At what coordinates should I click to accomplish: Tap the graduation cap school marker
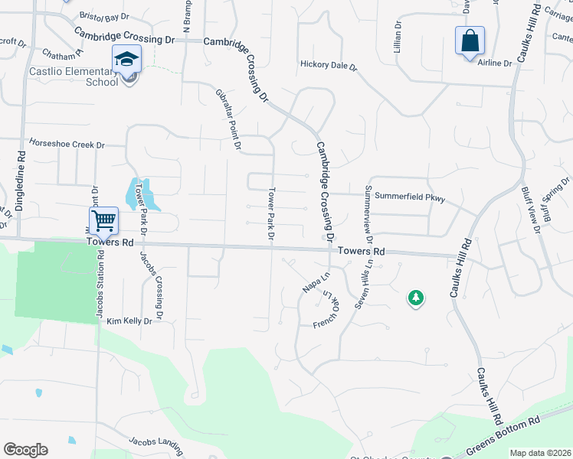pyautogui.click(x=127, y=58)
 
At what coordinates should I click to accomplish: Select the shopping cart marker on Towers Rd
pyautogui.click(x=103, y=221)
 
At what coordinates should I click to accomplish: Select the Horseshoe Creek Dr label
pyautogui.click(x=66, y=144)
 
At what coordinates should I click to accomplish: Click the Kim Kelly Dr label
pyautogui.click(x=129, y=321)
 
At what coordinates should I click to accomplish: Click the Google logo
pyautogui.click(x=25, y=450)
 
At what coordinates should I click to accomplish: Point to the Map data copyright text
pyautogui.click(x=540, y=453)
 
